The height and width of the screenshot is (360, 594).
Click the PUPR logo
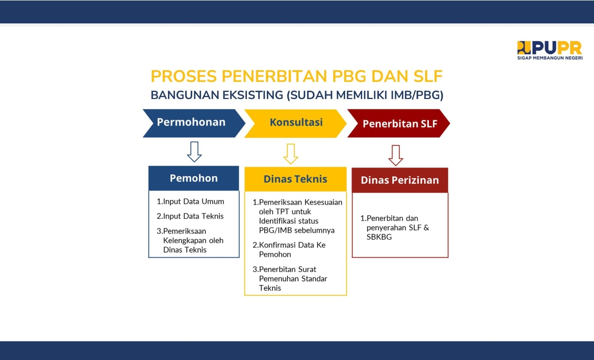[x=550, y=50]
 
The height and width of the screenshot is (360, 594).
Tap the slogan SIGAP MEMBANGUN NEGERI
[x=550, y=58]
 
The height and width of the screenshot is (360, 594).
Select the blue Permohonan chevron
[x=194, y=123]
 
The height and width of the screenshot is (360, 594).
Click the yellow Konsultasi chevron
[x=295, y=123]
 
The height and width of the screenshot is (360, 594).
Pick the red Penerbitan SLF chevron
[x=398, y=123]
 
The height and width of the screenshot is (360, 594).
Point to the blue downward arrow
[x=195, y=152]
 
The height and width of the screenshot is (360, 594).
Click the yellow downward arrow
[x=290, y=154]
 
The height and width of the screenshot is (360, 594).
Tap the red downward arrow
[x=395, y=155]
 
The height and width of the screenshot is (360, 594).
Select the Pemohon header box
[x=194, y=178]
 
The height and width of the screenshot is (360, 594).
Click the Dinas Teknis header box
[x=295, y=179]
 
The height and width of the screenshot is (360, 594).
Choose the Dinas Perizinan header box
[x=400, y=180]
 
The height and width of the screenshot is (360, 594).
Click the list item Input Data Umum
[x=190, y=202]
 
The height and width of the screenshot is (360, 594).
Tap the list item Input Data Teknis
[x=190, y=216]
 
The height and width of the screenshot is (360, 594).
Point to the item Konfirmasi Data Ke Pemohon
[x=289, y=250]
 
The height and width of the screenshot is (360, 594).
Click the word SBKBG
[x=379, y=237]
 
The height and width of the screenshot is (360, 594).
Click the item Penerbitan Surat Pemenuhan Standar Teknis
[x=290, y=279]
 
